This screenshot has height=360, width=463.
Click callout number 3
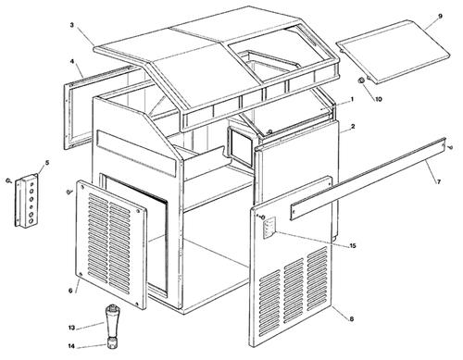[71, 25]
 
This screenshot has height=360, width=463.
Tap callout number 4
[71, 61]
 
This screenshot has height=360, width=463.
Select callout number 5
[47, 162]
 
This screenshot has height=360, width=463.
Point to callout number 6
[70, 291]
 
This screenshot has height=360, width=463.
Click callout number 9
[440, 16]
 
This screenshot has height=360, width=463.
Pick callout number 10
[379, 99]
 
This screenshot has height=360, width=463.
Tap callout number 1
[352, 99]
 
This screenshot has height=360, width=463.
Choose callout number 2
[353, 126]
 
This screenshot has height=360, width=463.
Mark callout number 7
[438, 181]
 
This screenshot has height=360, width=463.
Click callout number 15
[353, 245]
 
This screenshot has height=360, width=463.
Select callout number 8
[351, 318]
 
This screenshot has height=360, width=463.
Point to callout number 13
[71, 328]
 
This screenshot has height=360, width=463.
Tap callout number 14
[71, 346]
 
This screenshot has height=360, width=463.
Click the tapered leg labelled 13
[112, 321]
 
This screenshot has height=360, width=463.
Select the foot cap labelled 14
[112, 343]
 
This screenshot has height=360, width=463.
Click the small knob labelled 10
[360, 81]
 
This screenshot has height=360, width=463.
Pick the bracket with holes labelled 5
[27, 201]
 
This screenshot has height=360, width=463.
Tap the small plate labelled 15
[269, 228]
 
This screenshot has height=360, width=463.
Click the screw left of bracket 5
[7, 181]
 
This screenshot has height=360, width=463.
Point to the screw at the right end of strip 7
[450, 148]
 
